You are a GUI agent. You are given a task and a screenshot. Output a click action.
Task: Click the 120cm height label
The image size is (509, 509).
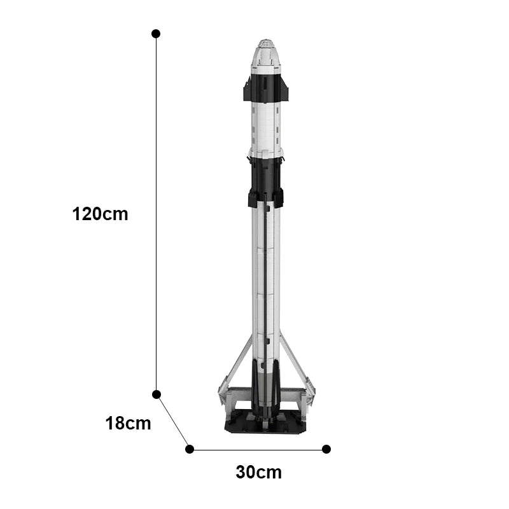click(100, 214)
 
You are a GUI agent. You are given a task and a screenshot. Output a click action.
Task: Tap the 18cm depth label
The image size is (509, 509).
click(129, 424)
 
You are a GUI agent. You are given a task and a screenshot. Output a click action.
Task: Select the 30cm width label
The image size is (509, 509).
click(259, 472)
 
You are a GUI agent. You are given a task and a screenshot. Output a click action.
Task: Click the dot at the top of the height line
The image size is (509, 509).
click(156, 34)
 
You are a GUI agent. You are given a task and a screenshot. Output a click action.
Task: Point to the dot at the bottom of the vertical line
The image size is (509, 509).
click(157, 394)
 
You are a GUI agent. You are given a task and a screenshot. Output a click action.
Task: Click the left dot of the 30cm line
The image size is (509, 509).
click(190, 449)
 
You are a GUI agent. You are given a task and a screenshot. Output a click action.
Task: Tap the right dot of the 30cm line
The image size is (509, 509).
click(326, 449)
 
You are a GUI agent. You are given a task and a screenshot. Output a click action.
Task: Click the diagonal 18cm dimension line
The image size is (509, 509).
click(173, 422)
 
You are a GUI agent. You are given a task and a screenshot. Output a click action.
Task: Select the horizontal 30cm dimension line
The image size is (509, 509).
click(258, 450)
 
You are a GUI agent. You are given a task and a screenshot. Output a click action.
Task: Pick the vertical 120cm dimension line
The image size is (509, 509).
click(156, 214)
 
